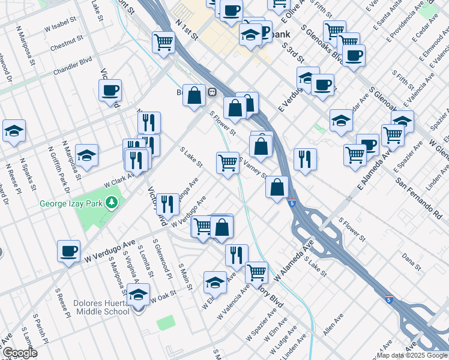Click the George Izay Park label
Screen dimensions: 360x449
(x=71, y=203)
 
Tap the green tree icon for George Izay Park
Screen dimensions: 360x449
(x=111, y=203)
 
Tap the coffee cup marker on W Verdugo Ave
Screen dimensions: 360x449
(x=68, y=250)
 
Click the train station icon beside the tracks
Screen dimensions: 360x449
(x=212, y=92)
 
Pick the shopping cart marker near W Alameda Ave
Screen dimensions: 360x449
(x=256, y=272)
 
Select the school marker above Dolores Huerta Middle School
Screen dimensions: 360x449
(x=138, y=295)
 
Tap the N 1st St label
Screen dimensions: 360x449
(x=187, y=30)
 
